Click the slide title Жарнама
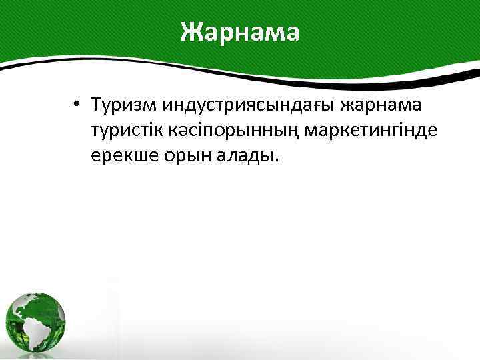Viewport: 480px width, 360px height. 240,31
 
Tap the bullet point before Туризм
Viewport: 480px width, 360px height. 78,105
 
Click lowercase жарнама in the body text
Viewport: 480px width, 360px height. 387,105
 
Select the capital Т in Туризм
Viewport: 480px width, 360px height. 99,105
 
